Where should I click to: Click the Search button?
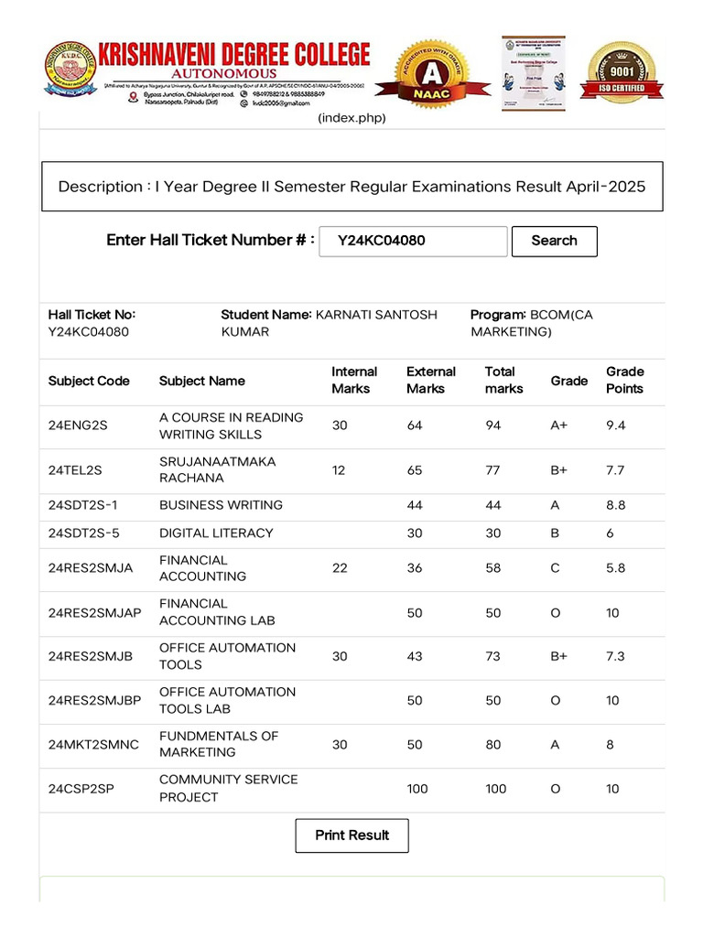point(554,241)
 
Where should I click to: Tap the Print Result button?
point(351,835)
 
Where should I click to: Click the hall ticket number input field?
point(413,241)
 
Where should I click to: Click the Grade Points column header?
point(624,380)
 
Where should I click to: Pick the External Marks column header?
point(430,380)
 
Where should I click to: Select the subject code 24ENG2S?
point(78,425)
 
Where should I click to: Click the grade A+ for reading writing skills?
point(559,425)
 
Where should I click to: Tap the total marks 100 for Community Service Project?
point(495,789)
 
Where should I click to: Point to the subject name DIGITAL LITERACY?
point(216,533)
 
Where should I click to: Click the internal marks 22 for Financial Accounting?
point(340,568)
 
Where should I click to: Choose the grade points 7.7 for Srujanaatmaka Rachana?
point(614,470)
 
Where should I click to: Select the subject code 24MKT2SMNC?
point(93,745)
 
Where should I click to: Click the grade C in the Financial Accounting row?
point(555,568)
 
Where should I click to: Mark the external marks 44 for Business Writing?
point(415,505)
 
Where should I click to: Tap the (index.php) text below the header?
point(351,118)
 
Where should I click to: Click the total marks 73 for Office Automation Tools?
point(493,657)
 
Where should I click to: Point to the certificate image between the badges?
point(533,73)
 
